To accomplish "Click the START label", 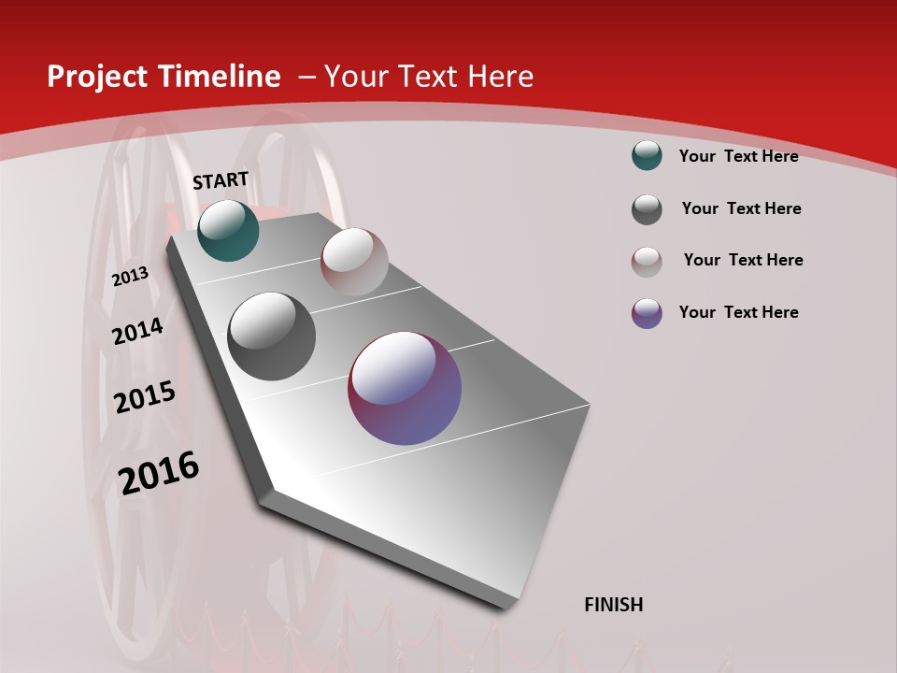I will (221, 180).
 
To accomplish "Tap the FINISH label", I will (613, 605).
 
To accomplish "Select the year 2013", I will (130, 277).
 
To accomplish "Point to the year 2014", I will (137, 331).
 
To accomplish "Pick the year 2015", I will (145, 397).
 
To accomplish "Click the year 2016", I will (159, 473).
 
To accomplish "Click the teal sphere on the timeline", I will (228, 230).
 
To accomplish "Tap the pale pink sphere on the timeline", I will (354, 262).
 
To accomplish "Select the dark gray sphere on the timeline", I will (272, 336).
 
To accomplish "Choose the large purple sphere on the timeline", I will (405, 388).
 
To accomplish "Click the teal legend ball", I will (647, 155).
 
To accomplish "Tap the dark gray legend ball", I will (647, 209).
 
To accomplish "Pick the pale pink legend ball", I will (647, 262).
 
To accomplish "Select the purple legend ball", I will (647, 313).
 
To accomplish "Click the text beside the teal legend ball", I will (738, 156).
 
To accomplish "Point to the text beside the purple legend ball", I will (738, 312).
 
